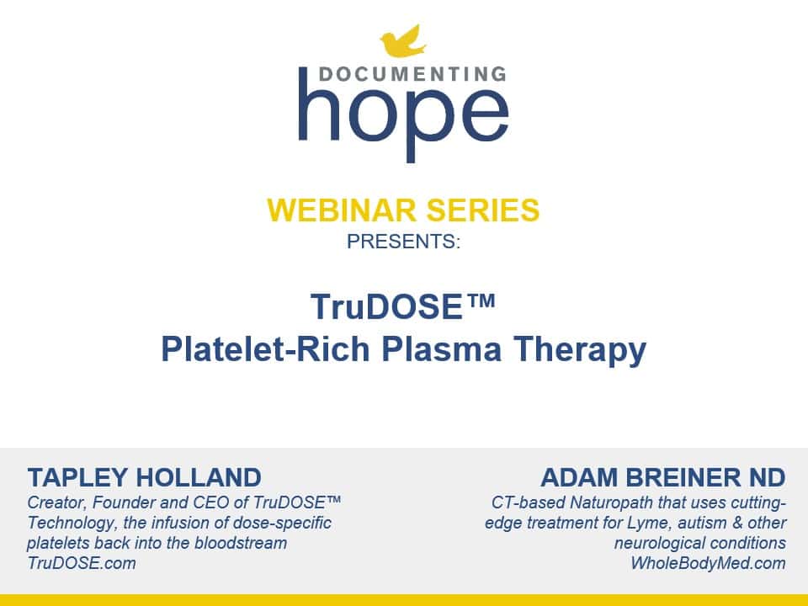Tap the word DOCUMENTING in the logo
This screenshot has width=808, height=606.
point(403,73)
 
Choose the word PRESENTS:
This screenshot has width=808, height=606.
point(404,242)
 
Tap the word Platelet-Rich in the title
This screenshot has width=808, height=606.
point(252,349)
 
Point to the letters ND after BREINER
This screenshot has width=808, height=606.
point(768,478)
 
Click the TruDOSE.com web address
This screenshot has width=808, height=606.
point(82,564)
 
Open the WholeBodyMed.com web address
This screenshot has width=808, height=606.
point(708,564)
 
